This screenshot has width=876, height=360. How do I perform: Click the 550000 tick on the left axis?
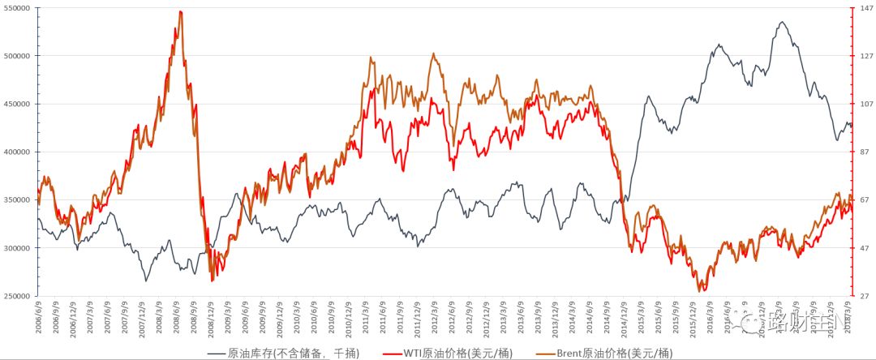point(18,8)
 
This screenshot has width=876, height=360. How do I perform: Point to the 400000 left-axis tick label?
point(18,152)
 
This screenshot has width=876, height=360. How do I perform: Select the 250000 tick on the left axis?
point(18,296)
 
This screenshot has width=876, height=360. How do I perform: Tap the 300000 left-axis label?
point(18,248)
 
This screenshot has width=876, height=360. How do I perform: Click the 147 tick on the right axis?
point(865,8)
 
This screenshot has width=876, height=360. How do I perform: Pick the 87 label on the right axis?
point(864,152)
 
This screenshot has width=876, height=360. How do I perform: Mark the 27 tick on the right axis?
point(864,296)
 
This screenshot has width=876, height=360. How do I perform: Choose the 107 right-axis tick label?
point(865,104)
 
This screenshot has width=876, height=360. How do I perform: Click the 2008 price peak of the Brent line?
point(180,12)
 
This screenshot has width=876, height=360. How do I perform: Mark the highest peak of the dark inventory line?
point(781,23)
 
